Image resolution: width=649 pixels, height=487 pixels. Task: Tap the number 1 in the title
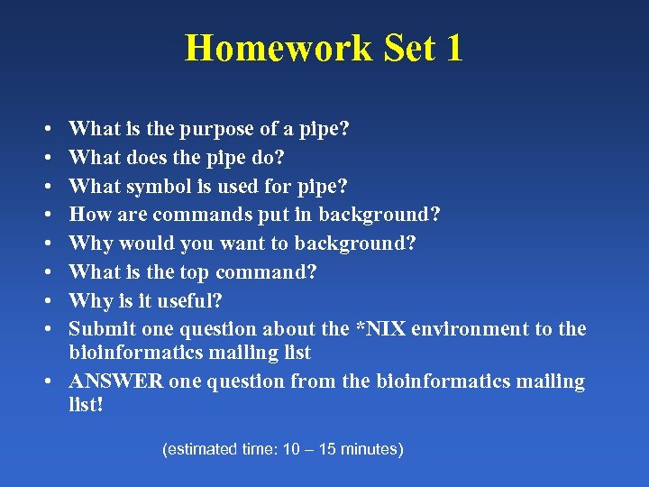coord(453,48)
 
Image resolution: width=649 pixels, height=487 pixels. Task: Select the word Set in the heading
coord(410,48)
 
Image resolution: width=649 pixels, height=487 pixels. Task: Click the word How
coord(87,215)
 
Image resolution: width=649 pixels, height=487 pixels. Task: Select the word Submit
coord(99,329)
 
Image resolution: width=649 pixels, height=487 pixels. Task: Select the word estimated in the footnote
coord(197,449)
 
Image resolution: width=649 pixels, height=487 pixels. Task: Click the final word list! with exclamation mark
coord(87,405)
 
